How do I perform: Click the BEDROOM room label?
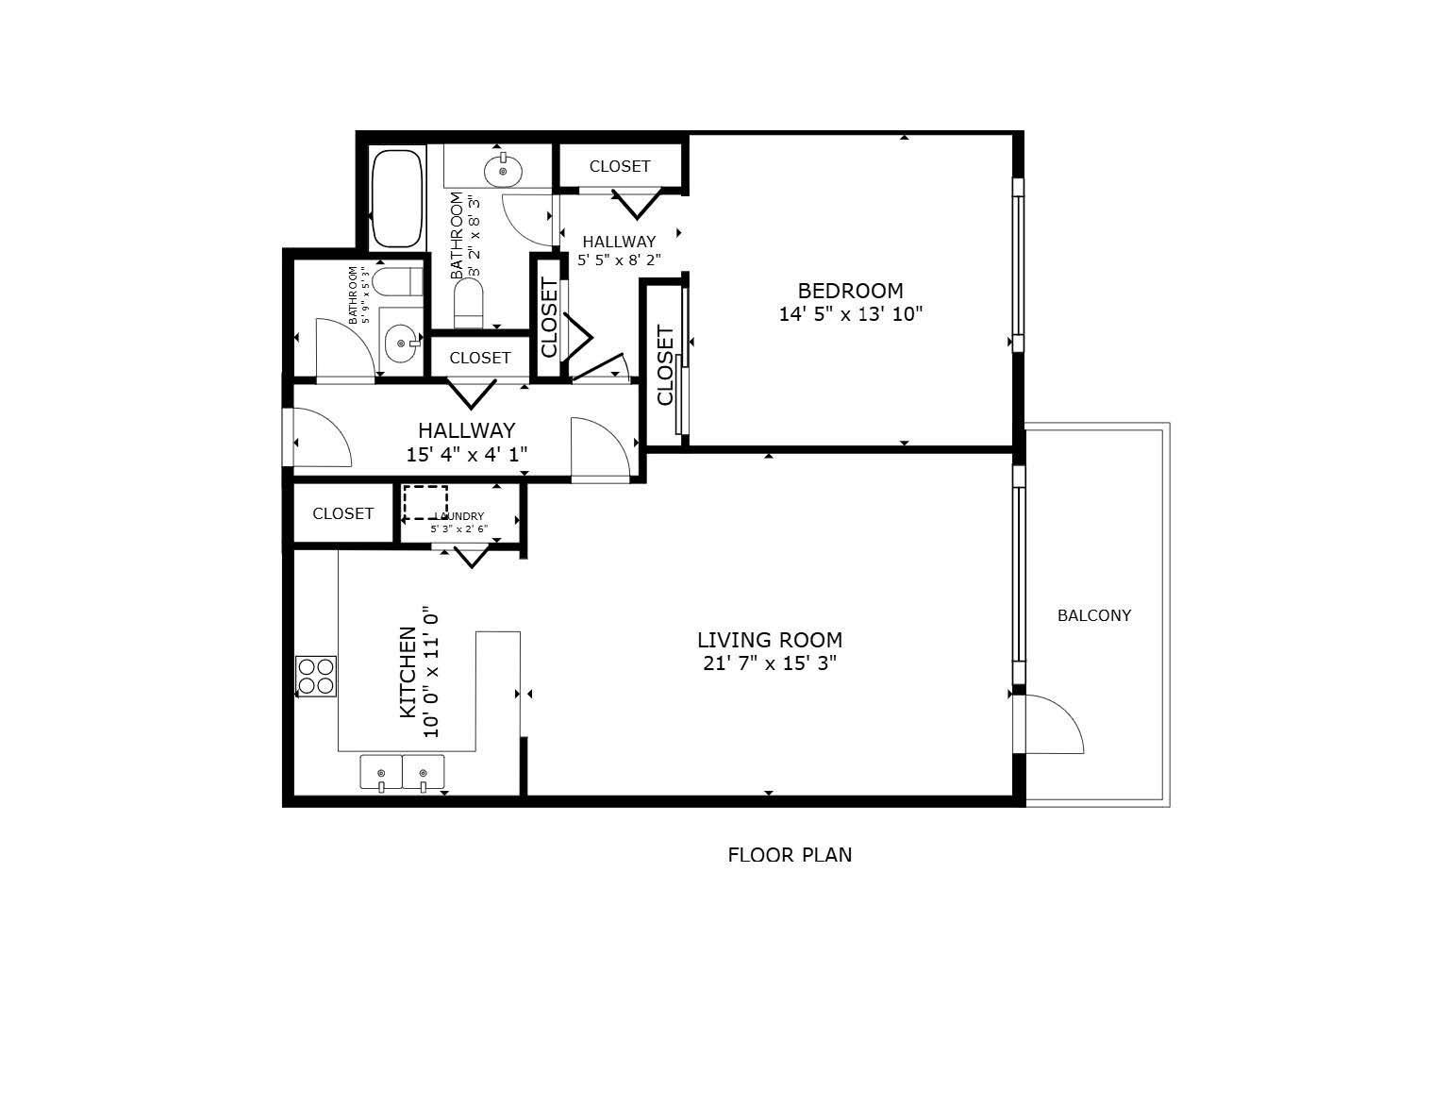tap(850, 291)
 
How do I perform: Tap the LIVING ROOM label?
tap(769, 640)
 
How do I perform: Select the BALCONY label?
tap(1093, 615)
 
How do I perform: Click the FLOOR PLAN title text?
tap(790, 855)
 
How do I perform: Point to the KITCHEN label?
tap(408, 672)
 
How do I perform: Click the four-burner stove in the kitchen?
tap(316, 676)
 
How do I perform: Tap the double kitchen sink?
tap(402, 772)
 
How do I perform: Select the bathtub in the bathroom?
tap(395, 198)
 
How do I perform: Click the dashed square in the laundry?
tap(425, 502)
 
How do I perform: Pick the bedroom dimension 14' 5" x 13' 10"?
tap(850, 314)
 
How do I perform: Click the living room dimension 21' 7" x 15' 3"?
tap(770, 663)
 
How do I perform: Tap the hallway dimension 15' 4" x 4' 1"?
tap(466, 455)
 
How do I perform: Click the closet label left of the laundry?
tap(342, 513)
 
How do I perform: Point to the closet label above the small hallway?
tap(620, 166)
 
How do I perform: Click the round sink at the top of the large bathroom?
tap(503, 171)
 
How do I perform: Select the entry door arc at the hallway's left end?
tap(323, 436)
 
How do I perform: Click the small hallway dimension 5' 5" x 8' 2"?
tap(619, 260)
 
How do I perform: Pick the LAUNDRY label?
tap(459, 516)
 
